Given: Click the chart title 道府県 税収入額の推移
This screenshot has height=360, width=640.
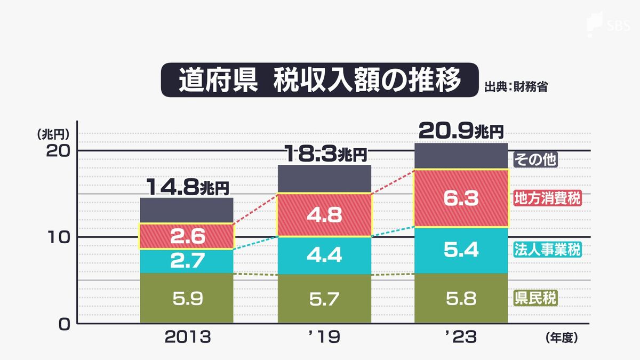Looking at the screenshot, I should pos(319,81).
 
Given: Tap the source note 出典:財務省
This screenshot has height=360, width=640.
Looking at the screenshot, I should pos(516,87).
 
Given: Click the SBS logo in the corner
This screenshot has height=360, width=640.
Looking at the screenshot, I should pos(607,25).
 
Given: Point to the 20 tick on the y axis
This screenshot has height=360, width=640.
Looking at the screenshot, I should pos(55,151).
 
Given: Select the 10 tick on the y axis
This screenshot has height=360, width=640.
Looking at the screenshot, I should pos(55,237).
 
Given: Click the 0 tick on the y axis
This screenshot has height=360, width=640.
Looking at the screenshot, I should pos(62,324).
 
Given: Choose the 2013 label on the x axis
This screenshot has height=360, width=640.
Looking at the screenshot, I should pos(187,338).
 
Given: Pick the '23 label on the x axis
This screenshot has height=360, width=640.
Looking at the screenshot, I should pos(461,338).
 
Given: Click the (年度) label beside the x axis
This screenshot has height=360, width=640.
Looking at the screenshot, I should pos(562,338).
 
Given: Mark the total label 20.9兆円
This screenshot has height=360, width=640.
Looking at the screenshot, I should pos(461,131).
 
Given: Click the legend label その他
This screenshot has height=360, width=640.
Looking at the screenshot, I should pos(535,160).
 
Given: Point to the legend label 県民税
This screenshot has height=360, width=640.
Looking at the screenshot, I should pos(535,298).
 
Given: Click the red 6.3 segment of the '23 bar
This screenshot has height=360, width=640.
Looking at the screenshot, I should pos(461,198).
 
